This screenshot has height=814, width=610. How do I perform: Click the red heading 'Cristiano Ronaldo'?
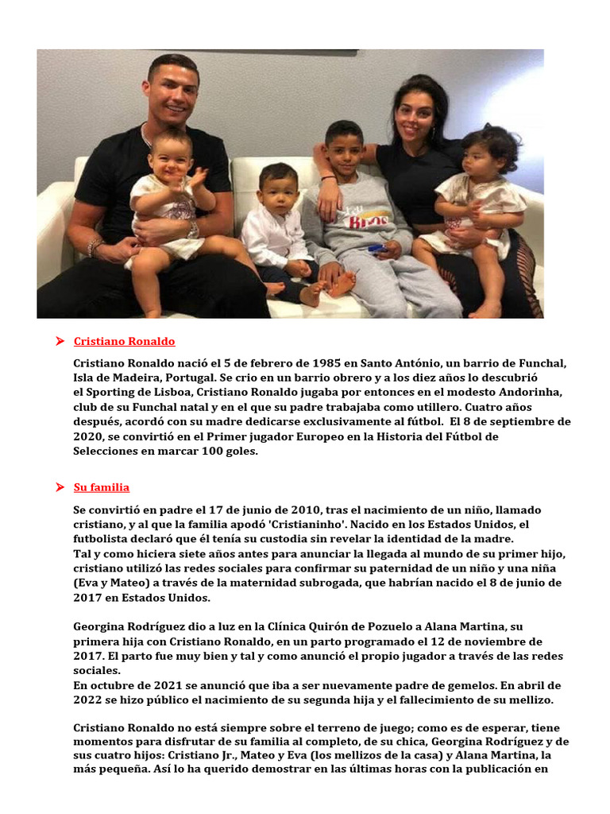click(124, 342)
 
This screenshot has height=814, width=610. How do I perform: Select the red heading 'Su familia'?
click(101, 487)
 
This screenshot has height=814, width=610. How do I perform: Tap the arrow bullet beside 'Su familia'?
click(60, 487)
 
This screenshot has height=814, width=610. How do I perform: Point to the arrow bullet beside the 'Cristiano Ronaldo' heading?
click(60, 342)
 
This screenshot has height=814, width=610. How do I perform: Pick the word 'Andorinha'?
click(531, 392)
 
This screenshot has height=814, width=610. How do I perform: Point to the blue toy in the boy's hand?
click(376, 248)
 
